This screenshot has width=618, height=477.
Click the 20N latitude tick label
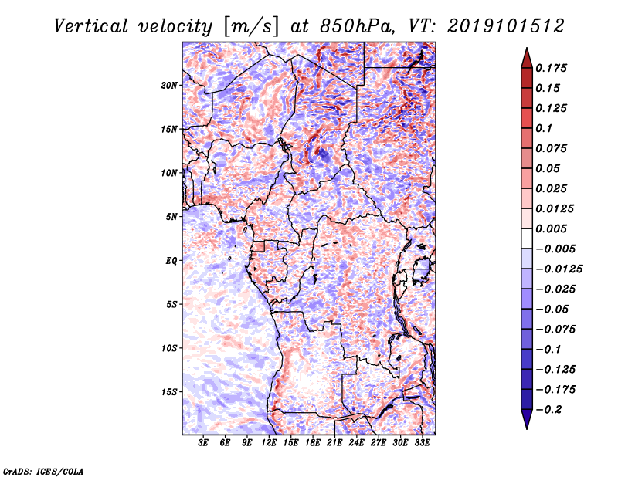(x=169, y=86)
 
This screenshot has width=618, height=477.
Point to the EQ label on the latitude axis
(x=171, y=261)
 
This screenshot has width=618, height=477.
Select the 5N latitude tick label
(x=171, y=217)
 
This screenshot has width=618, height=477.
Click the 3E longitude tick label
(x=203, y=442)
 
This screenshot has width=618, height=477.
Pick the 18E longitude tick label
(x=313, y=442)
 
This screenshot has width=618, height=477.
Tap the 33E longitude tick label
(x=422, y=442)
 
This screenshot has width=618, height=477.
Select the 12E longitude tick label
(x=269, y=442)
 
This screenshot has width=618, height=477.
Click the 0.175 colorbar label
(x=551, y=68)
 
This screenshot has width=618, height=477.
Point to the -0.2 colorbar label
(x=548, y=410)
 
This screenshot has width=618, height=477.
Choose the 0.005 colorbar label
(x=551, y=228)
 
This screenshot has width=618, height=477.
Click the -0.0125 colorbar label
(x=559, y=269)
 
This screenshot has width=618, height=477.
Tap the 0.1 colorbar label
(x=544, y=128)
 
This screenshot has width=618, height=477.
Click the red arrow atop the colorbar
(x=527, y=59)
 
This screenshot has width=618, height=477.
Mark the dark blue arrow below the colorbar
(x=527, y=418)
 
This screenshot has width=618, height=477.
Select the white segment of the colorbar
(x=527, y=238)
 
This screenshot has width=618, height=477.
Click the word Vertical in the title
(x=91, y=26)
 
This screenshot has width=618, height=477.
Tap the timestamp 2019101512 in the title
(x=506, y=26)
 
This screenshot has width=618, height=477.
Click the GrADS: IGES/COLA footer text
(x=43, y=471)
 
